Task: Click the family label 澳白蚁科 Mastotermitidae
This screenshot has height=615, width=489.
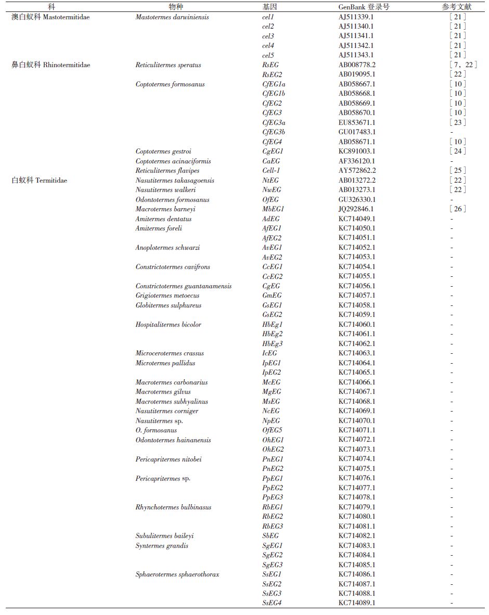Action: click(x=50, y=17)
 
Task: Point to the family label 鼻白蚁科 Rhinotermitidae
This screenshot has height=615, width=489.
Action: click(x=51, y=65)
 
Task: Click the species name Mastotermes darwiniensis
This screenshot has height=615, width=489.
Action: click(x=172, y=17)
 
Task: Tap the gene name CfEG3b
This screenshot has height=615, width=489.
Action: click(x=274, y=132)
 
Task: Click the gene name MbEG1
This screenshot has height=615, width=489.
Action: click(x=272, y=209)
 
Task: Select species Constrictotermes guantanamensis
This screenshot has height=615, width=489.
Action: click(x=184, y=286)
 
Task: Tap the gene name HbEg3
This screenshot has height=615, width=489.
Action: click(x=272, y=343)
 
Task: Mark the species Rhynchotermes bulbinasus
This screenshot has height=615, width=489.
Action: click(x=173, y=507)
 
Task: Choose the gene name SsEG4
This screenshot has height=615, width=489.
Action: click(x=272, y=603)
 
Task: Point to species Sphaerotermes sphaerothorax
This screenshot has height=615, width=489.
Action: click(x=177, y=574)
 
